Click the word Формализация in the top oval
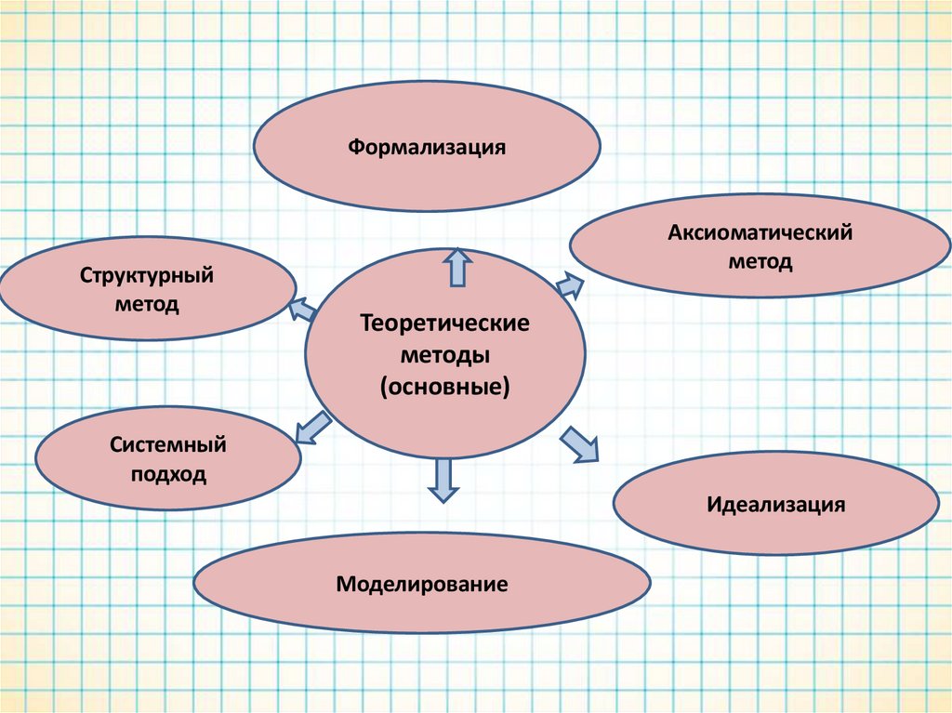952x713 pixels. [427, 147]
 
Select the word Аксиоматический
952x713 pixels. [760, 232]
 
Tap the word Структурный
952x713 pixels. [147, 276]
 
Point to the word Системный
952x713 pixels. [168, 445]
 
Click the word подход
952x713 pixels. [168, 475]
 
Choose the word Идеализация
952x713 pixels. [776, 506]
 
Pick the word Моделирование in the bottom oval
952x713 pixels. [422, 585]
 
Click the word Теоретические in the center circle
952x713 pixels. [445, 324]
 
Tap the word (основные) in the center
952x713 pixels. [445, 386]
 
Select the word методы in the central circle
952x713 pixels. [445, 355]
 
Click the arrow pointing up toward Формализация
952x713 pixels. [456, 267]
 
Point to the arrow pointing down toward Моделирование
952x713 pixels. [443, 481]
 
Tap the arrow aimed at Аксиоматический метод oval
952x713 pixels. [570, 284]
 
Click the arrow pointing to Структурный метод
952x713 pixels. [302, 310]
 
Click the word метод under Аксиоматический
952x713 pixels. [760, 262]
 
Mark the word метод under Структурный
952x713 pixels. [147, 305]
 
